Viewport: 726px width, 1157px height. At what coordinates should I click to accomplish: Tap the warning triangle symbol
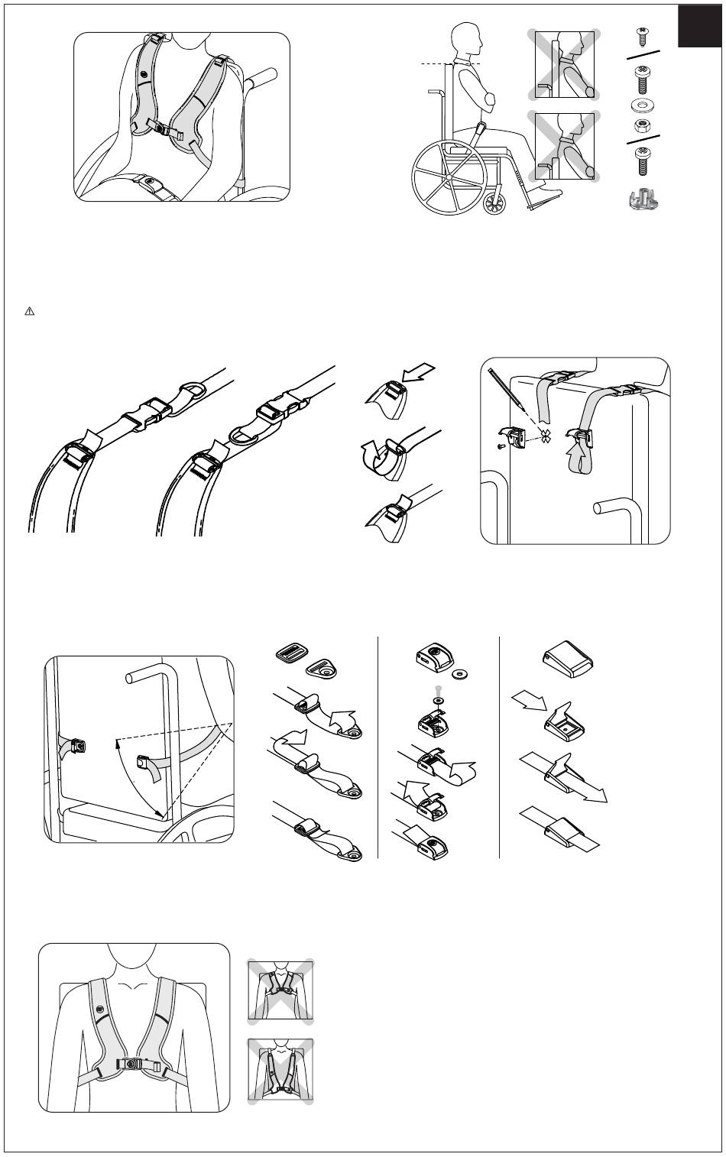30,311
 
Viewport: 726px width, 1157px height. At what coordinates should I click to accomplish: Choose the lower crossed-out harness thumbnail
279,1071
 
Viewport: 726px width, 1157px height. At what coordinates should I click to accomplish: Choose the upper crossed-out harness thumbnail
279,989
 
